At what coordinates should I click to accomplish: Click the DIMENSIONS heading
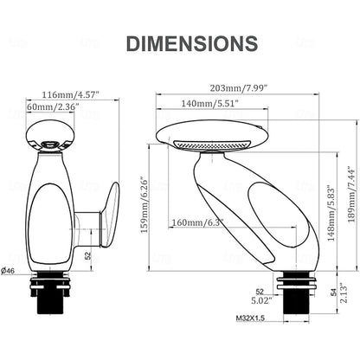point(192,43)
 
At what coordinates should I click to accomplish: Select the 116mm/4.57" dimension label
point(70,94)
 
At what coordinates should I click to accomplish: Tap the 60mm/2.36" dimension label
point(53,106)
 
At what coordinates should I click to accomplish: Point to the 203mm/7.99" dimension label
point(237,87)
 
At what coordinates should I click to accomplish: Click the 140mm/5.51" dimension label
point(209,103)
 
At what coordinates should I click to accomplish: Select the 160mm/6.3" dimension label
point(197,222)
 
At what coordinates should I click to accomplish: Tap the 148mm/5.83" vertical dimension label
point(331,215)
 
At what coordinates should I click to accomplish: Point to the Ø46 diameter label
point(8,271)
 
